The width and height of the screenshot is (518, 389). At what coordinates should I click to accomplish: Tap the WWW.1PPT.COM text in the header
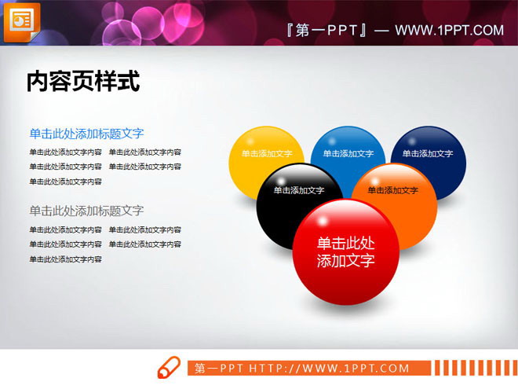[449, 31]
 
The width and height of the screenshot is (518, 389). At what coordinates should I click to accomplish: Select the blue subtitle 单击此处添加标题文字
[86, 134]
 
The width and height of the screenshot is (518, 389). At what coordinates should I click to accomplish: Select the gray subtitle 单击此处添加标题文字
[86, 211]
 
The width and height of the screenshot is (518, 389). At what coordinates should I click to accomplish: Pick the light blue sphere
[348, 149]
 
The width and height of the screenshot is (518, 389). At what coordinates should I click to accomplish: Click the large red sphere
[345, 251]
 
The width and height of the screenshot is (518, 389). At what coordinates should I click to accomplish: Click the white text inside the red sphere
[345, 251]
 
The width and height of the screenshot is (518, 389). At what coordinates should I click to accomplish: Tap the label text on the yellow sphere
[267, 154]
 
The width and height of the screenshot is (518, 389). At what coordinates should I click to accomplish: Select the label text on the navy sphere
[427, 154]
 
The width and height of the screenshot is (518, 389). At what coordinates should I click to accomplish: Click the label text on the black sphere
[299, 190]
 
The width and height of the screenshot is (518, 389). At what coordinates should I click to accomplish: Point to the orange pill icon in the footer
[170, 368]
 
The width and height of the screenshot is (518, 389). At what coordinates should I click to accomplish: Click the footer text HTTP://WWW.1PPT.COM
[330, 368]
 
